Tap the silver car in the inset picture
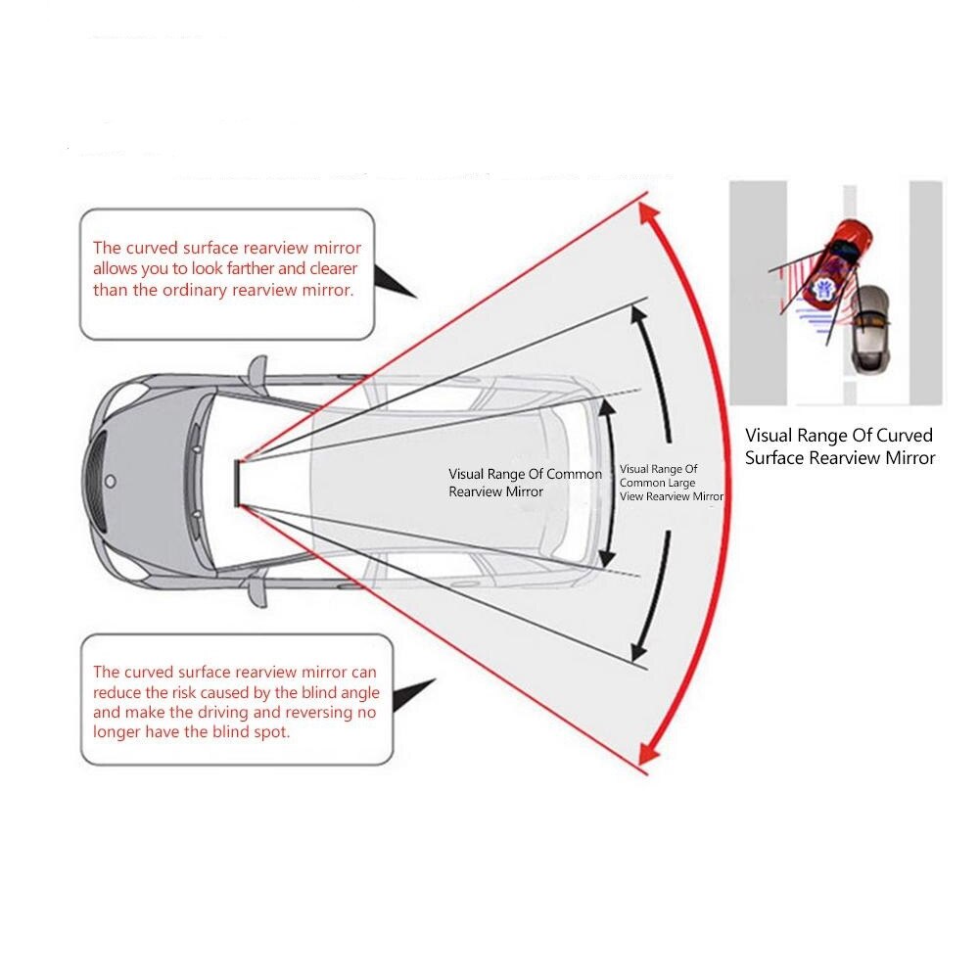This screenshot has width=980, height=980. pyautogui.click(x=867, y=329)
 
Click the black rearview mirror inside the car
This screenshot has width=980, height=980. pyautogui.click(x=238, y=483)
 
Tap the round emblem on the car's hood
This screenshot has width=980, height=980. pyautogui.click(x=110, y=481)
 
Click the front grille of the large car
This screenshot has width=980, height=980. pyautogui.click(x=95, y=481)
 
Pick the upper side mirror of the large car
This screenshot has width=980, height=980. pyautogui.click(x=257, y=370)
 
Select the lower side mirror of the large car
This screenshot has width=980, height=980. pyautogui.click(x=257, y=590)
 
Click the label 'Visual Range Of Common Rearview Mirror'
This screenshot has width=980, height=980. pyautogui.click(x=525, y=483)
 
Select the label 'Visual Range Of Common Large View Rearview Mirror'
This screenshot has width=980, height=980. pyautogui.click(x=671, y=483)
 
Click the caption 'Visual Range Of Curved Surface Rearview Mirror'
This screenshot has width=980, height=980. pyautogui.click(x=839, y=446)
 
